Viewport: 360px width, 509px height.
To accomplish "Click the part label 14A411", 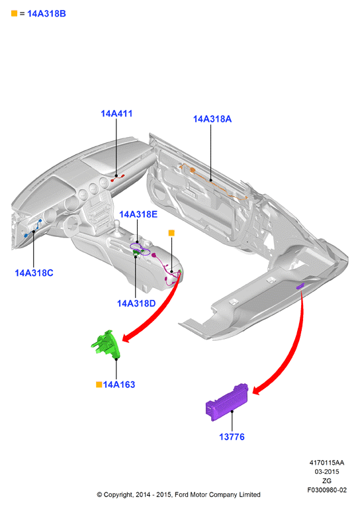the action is pyautogui.click(x=116, y=114).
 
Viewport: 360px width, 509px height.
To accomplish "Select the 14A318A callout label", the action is pyautogui.click(x=212, y=119).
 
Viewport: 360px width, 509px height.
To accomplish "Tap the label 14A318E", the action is pyautogui.click(x=138, y=214).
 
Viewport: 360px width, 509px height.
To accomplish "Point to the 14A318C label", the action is pyautogui.click(x=34, y=273).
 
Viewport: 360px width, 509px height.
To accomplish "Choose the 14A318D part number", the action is pyautogui.click(x=136, y=304).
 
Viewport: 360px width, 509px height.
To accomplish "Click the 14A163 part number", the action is pyautogui.click(x=119, y=385).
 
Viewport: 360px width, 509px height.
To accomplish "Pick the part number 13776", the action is pyautogui.click(x=232, y=437).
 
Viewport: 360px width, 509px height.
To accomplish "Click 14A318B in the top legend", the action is pyautogui.click(x=46, y=14).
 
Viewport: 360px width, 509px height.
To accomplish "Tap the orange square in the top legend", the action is pyautogui.click(x=14, y=13).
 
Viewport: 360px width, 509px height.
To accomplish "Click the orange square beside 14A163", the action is pyautogui.click(x=99, y=385).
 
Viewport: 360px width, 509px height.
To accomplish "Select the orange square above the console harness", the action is pyautogui.click(x=171, y=233).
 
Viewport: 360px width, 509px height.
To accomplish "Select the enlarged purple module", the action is pyautogui.click(x=227, y=402).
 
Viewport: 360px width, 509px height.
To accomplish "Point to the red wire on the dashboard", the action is pyautogui.click(x=118, y=177).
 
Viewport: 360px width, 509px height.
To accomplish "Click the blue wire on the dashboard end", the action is pyautogui.click(x=33, y=228).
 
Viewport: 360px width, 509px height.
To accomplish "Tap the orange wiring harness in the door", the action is pyautogui.click(x=212, y=182).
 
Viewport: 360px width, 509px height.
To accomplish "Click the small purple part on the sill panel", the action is pyautogui.click(x=300, y=286).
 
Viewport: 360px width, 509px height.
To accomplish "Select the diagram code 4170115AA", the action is pyautogui.click(x=327, y=463).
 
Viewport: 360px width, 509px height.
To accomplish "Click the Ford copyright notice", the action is pyautogui.click(x=179, y=494).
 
